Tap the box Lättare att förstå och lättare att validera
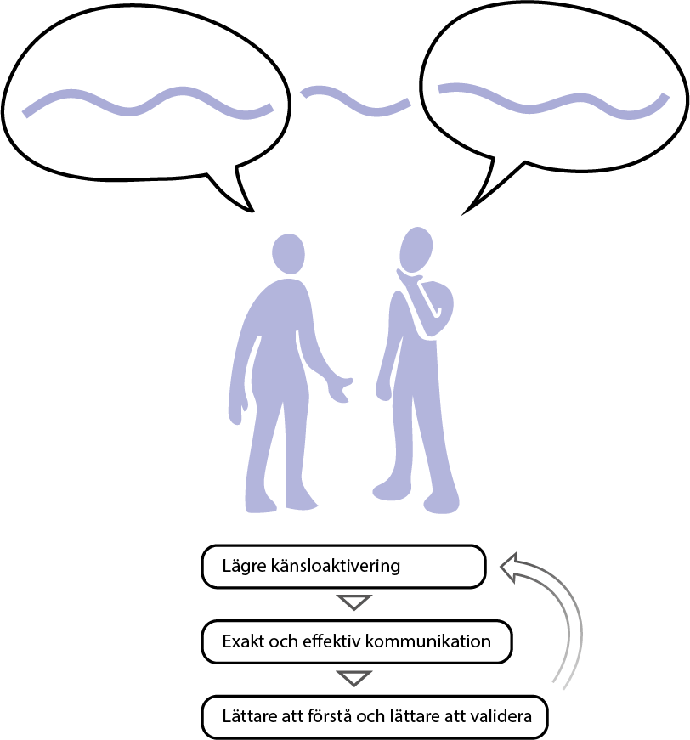375,716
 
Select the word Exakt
241,641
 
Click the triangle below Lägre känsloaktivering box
353,602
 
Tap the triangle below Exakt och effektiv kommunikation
353,677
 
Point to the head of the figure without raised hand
289,253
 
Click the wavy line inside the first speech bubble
147,101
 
